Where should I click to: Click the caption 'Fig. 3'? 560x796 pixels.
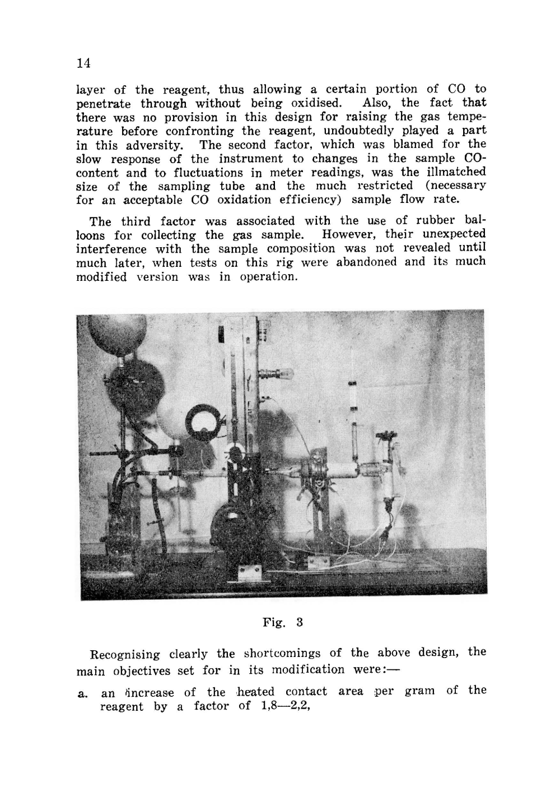pyautogui.click(x=282, y=622)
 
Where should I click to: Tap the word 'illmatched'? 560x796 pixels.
pyautogui.click(x=451, y=172)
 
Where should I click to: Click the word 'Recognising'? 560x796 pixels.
pyautogui.click(x=125, y=654)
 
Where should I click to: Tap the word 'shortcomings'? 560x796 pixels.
pyautogui.click(x=282, y=653)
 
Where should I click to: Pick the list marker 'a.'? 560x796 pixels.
pyautogui.click(x=83, y=693)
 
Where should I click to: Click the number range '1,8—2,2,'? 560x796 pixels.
pyautogui.click(x=274, y=706)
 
